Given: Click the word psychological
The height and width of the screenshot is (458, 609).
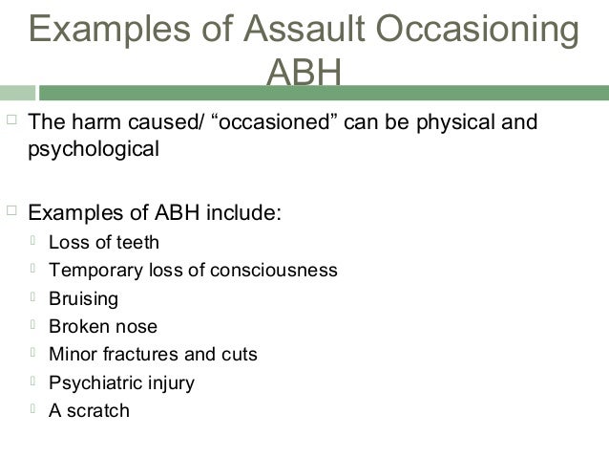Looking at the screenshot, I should (x=94, y=149).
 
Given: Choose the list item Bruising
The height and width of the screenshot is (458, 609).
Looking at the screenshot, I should (x=83, y=299).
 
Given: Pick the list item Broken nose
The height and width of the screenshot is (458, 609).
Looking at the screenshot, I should (x=103, y=327).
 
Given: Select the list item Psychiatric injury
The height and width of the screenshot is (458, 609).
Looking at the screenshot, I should (x=121, y=383).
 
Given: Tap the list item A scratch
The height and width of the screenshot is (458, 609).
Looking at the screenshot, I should (x=89, y=411).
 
